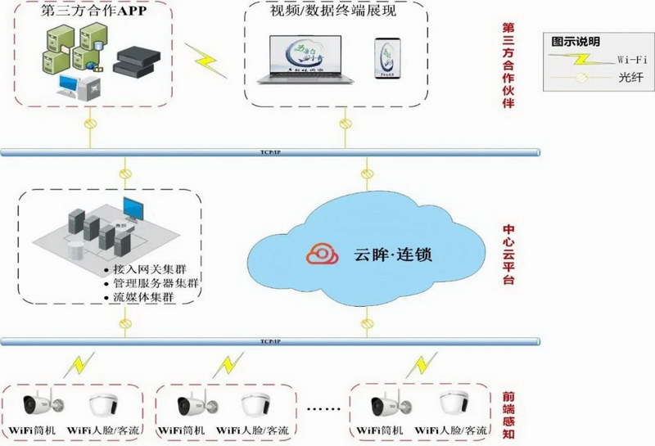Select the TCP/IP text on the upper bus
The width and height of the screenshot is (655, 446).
click(x=268, y=151)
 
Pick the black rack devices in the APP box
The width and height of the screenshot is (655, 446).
click(x=135, y=62)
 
